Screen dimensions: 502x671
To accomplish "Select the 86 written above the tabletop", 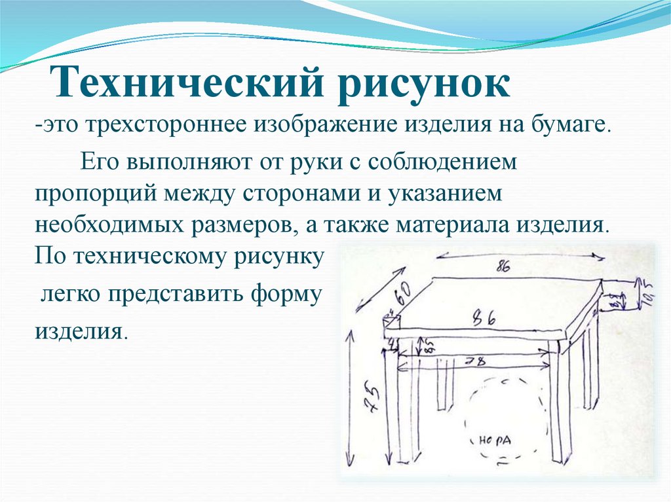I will point(505,266).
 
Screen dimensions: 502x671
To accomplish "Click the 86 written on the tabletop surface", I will point(485,319).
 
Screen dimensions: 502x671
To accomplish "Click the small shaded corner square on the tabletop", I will point(391,321).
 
